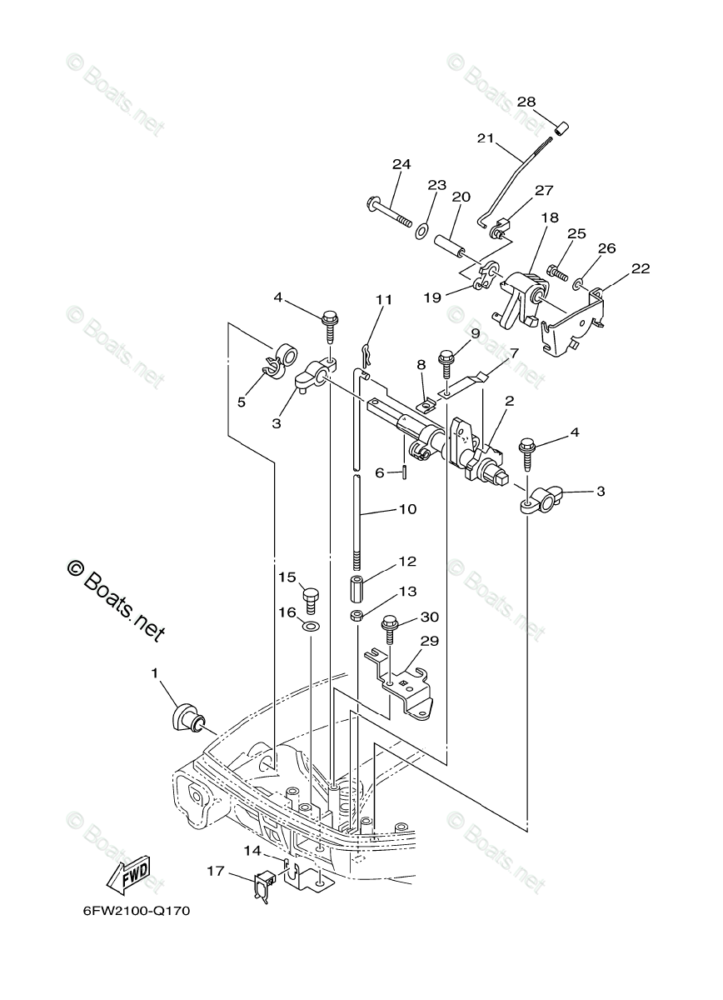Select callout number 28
pyautogui.click(x=526, y=102)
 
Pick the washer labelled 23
pyautogui.click(x=423, y=227)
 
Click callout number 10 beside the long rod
pyautogui.click(x=408, y=508)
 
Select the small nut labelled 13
pyautogui.click(x=355, y=617)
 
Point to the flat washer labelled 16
pyautogui.click(x=310, y=625)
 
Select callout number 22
pyautogui.click(x=641, y=268)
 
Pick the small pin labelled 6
pyautogui.click(x=404, y=472)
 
